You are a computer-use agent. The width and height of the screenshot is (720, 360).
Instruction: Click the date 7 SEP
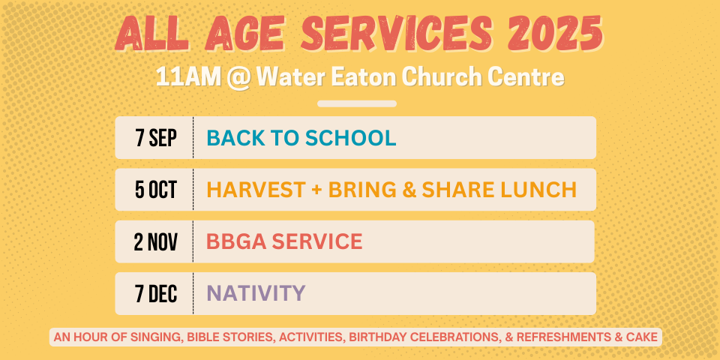tap(156, 138)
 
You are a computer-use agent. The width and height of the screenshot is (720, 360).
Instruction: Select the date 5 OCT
tap(156, 190)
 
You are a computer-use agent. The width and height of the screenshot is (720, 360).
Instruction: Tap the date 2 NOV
tap(156, 242)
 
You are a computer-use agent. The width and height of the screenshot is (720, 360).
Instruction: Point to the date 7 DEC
tap(156, 294)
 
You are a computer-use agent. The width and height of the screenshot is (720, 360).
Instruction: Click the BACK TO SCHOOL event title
tap(301, 138)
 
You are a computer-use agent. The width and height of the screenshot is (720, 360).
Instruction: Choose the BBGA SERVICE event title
tap(284, 242)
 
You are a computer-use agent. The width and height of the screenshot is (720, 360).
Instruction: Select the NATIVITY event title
tap(256, 293)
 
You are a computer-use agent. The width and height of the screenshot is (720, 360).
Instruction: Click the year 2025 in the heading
tap(555, 33)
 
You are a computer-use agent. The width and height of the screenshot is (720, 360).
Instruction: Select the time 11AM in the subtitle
tap(188, 77)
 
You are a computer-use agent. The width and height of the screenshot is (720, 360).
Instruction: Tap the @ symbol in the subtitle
tap(238, 79)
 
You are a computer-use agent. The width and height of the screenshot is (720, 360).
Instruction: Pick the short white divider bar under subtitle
tap(357, 103)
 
